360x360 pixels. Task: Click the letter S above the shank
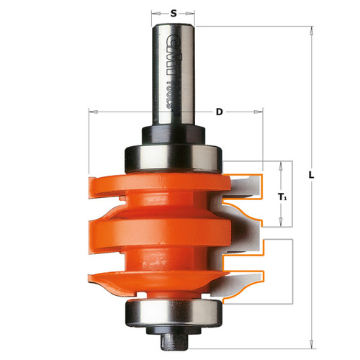[172, 12]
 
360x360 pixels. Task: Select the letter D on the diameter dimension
[218, 112]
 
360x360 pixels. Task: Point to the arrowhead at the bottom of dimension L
[311, 344]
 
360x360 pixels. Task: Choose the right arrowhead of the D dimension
[261, 112]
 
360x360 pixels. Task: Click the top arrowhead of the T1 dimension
[282, 165]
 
